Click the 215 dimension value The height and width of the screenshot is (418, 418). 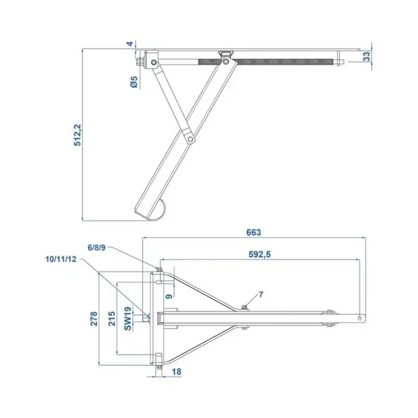click(x=111, y=320)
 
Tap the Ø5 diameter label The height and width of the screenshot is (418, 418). click(x=132, y=82)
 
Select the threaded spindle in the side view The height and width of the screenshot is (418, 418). click(x=283, y=62)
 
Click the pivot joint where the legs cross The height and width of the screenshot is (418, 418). click(x=189, y=138)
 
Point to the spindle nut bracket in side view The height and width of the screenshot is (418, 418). click(x=226, y=57)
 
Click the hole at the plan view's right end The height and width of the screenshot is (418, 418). click(x=358, y=317)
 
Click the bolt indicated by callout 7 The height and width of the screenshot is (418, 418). click(x=245, y=307)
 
